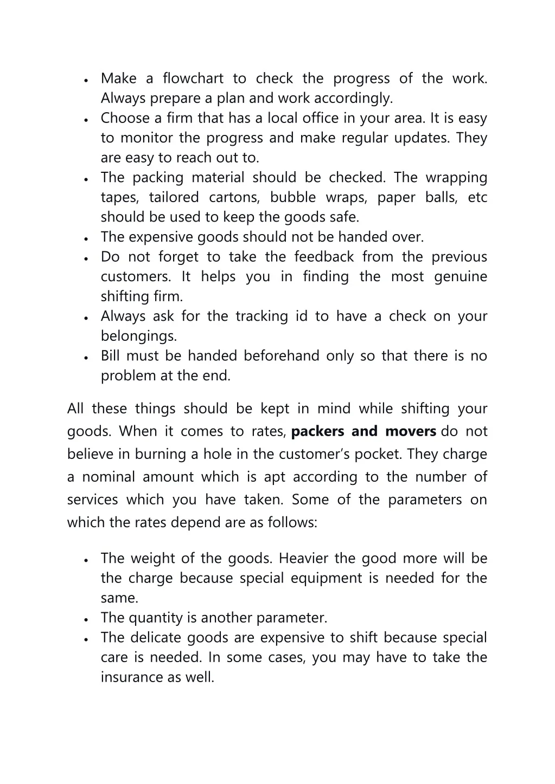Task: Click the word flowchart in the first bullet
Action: [x=193, y=79]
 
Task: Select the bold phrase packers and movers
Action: [x=363, y=432]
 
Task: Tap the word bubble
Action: [x=294, y=197]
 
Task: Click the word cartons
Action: [x=234, y=197]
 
